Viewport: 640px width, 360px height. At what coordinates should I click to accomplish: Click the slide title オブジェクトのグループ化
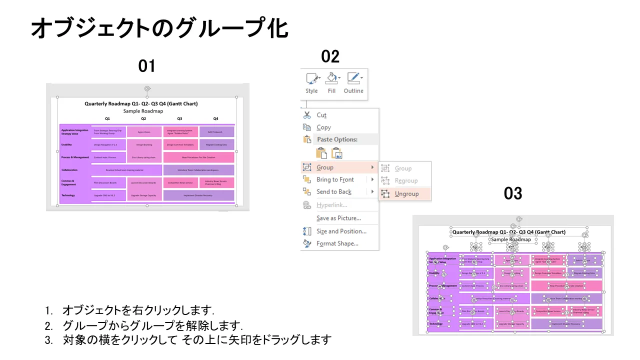point(159,28)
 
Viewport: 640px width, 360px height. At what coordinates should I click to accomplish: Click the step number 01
point(147,66)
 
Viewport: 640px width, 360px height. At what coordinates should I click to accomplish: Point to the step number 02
point(330,56)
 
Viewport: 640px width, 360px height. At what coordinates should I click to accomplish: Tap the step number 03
point(513,193)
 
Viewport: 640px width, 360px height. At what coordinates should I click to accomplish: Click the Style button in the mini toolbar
point(311,83)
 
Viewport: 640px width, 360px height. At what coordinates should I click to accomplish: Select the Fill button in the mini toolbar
point(331,83)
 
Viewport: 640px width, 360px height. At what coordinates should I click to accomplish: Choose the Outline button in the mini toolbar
point(353,83)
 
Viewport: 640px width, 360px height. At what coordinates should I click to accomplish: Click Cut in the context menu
point(321,115)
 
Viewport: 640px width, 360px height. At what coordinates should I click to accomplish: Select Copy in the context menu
point(323,127)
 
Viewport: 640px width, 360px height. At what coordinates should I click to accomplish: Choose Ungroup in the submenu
point(406,193)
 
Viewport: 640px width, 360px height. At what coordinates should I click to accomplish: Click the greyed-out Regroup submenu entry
point(406,180)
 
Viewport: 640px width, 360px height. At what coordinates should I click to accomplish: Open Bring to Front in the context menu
point(335,179)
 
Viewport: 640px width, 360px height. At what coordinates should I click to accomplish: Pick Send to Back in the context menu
point(334,191)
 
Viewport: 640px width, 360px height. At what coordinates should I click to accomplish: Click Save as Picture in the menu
point(338,218)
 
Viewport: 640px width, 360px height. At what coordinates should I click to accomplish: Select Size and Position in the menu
point(341,231)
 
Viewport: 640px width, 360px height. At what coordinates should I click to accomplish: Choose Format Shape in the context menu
point(337,243)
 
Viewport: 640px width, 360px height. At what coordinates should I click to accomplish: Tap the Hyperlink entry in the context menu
point(331,205)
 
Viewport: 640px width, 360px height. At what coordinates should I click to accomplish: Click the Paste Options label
point(337,139)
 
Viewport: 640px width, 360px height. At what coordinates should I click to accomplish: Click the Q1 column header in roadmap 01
point(107,118)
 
